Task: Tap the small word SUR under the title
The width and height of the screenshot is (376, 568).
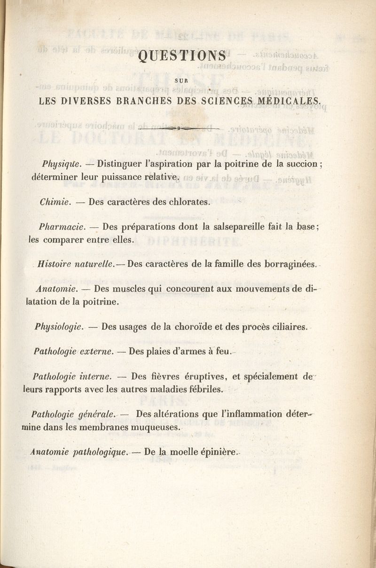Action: (x=181, y=80)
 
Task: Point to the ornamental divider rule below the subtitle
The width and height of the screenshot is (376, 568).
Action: (x=179, y=127)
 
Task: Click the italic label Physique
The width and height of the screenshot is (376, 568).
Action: (x=62, y=164)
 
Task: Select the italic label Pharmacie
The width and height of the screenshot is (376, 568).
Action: (x=62, y=227)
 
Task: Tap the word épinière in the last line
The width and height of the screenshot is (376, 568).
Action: (x=217, y=452)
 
